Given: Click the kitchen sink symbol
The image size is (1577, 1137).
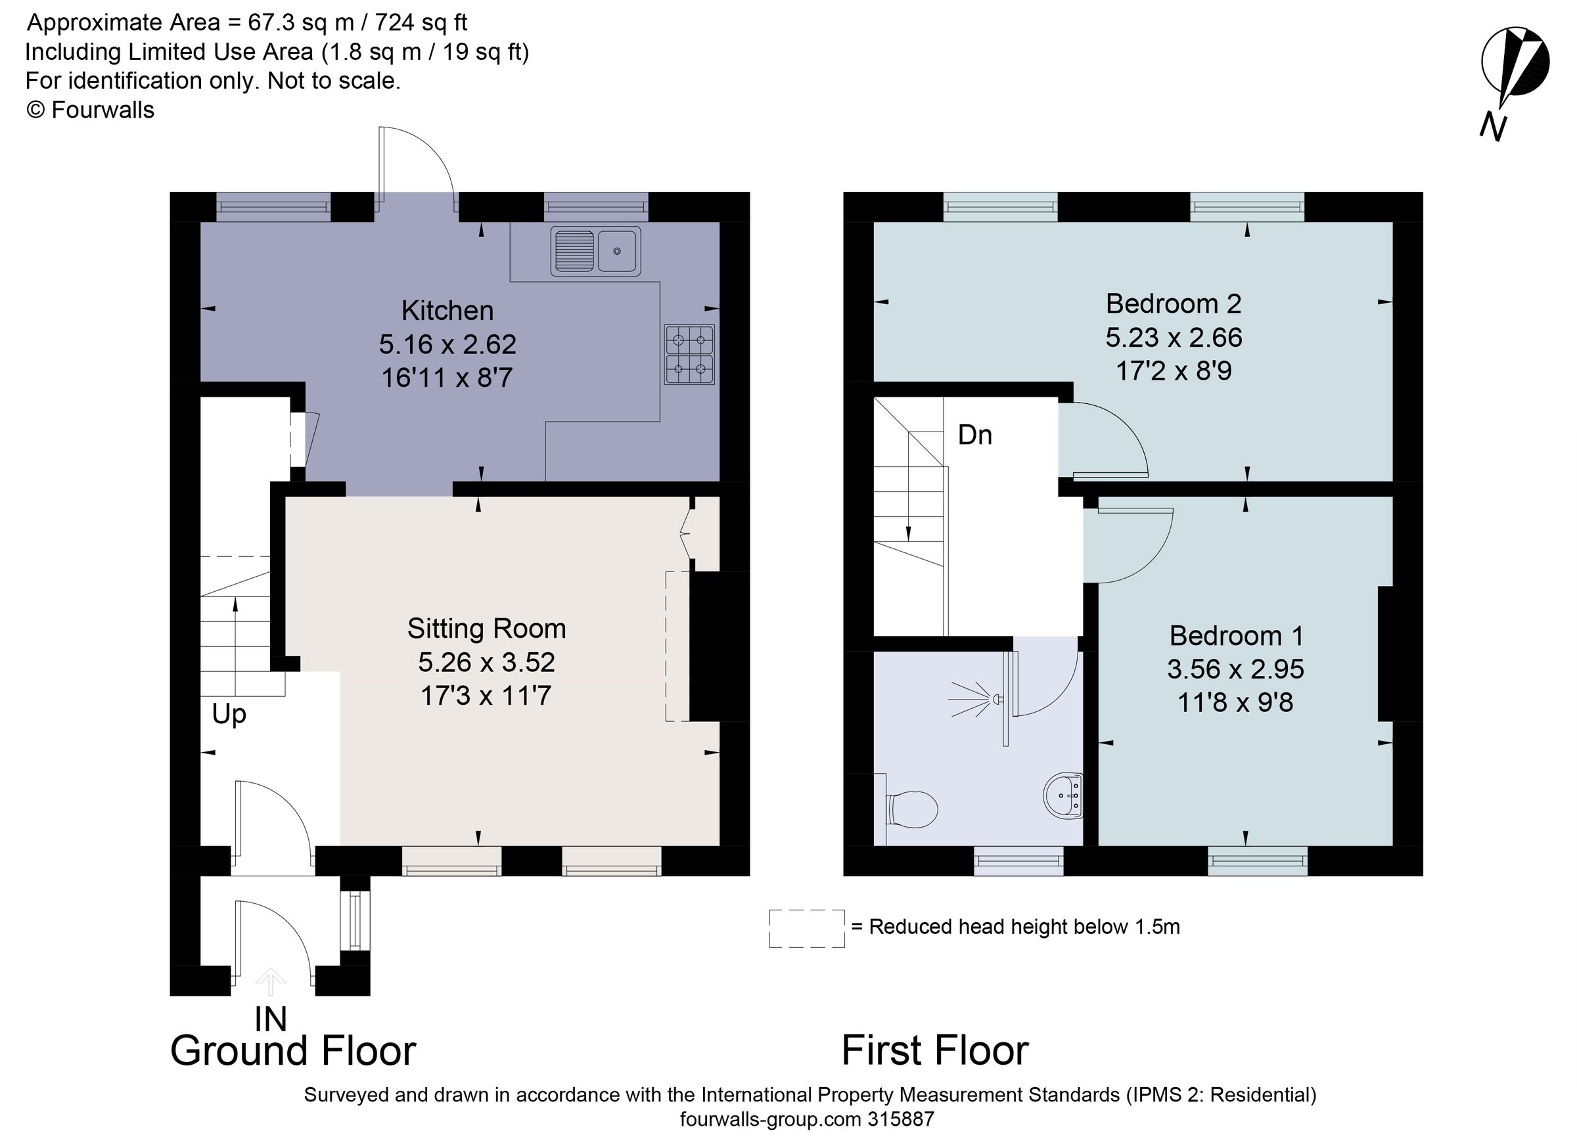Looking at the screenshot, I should coord(595,250).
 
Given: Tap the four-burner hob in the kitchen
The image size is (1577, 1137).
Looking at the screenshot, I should coord(689,355).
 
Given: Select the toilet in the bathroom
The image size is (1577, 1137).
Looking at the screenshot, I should coord(911,809).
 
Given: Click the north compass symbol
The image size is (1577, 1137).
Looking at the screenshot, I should coord(1513,72).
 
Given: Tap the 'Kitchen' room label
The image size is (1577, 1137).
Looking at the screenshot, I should coord(447,311).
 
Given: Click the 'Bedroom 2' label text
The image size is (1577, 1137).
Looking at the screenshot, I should coord(1173,303).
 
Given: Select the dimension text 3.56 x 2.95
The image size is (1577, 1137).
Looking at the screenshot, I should coord(1235,669).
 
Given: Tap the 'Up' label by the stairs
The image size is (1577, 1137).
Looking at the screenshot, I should coord(229,714).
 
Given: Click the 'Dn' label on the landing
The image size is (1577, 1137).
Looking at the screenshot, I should coord(974,435).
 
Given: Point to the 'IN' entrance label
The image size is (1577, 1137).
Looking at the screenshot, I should coord(271,1019).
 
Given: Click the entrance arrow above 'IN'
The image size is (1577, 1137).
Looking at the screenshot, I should coord(271,982).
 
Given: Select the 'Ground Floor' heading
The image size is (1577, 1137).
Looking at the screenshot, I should coord(293,1050).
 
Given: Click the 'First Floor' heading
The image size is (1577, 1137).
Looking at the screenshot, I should coord(934,1050).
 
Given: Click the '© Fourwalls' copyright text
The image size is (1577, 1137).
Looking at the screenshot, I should coord(91,110).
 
